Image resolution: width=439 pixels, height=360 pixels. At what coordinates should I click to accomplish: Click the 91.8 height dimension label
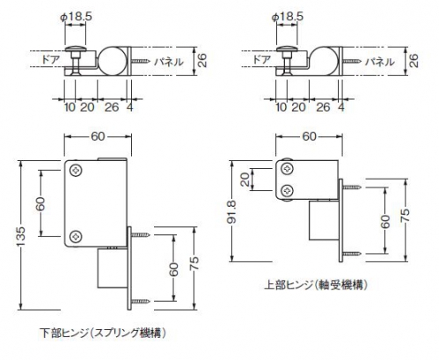[x=232, y=211]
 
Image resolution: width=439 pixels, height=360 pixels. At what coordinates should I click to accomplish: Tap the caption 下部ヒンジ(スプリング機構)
[x=103, y=333]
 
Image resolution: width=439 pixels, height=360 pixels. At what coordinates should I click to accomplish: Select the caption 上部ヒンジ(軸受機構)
[x=316, y=284]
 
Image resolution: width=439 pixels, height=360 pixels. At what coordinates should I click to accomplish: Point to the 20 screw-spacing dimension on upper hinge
[x=246, y=180]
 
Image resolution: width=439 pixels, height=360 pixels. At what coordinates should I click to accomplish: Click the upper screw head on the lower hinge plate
[x=77, y=171]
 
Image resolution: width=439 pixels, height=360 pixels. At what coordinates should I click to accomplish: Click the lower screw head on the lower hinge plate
[x=77, y=236]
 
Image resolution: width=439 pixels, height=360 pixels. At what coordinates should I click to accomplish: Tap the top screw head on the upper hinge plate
[x=288, y=169]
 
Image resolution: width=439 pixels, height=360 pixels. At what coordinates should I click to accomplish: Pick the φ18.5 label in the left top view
[x=76, y=17]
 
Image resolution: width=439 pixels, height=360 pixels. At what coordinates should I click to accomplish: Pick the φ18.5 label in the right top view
[x=288, y=17]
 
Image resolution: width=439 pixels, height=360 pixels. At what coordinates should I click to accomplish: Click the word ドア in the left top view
[x=50, y=60]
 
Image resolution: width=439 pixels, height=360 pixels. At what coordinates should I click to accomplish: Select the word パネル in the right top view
[x=379, y=62]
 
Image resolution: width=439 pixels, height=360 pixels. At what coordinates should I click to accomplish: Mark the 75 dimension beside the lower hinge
[x=194, y=263]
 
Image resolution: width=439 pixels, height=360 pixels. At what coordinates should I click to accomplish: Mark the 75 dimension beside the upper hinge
[x=406, y=216]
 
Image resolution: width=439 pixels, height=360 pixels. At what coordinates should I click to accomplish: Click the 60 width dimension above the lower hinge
[x=98, y=136]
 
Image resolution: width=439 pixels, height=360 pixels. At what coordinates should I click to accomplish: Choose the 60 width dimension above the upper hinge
[x=310, y=136]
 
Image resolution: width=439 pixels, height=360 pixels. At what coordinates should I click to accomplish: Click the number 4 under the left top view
[x=130, y=107]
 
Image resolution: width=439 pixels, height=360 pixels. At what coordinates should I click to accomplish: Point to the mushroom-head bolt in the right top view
[x=286, y=60]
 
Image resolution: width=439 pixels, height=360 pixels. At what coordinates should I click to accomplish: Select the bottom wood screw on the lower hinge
[x=141, y=301]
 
